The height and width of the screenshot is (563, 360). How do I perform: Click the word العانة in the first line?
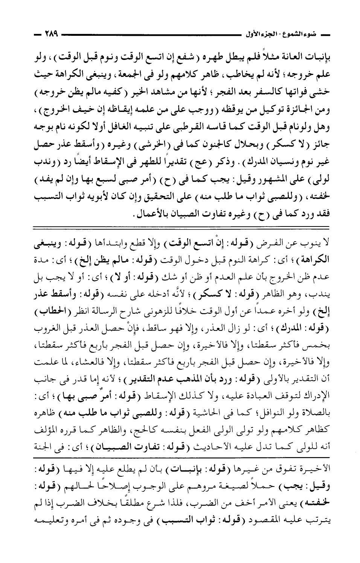point(281,53)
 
